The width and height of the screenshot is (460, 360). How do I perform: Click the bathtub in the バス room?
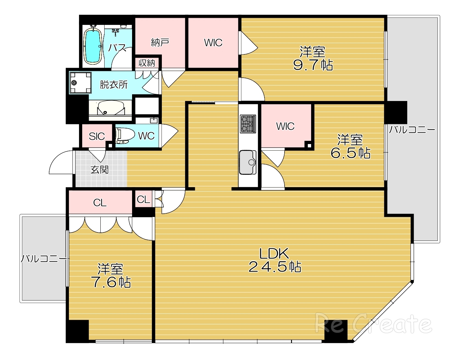[x=93, y=46]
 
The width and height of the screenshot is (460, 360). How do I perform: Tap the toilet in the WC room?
[x=125, y=136]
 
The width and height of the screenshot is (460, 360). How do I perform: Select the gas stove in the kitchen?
[x=248, y=124]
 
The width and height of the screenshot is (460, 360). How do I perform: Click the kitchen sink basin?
[x=248, y=162]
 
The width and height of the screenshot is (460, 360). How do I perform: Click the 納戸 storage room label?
[x=160, y=42]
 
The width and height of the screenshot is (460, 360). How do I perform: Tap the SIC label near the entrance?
[x=97, y=136]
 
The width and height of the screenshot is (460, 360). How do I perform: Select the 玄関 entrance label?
[x=99, y=170]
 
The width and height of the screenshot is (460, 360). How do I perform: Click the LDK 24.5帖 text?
[x=275, y=260]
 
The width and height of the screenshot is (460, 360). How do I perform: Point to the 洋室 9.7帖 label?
[x=313, y=59]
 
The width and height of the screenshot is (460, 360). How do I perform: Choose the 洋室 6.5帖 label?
[x=350, y=146]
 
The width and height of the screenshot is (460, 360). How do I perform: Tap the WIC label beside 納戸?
[x=213, y=42]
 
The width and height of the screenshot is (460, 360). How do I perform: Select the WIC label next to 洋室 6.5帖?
[x=285, y=126]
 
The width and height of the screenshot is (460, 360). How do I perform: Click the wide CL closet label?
[x=100, y=203]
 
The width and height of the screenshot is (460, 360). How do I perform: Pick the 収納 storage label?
[x=147, y=63]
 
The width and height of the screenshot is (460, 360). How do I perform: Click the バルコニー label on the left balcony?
[x=44, y=259]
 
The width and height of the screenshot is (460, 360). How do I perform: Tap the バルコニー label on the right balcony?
[x=412, y=130]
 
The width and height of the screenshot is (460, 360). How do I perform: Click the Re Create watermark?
[x=373, y=323]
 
